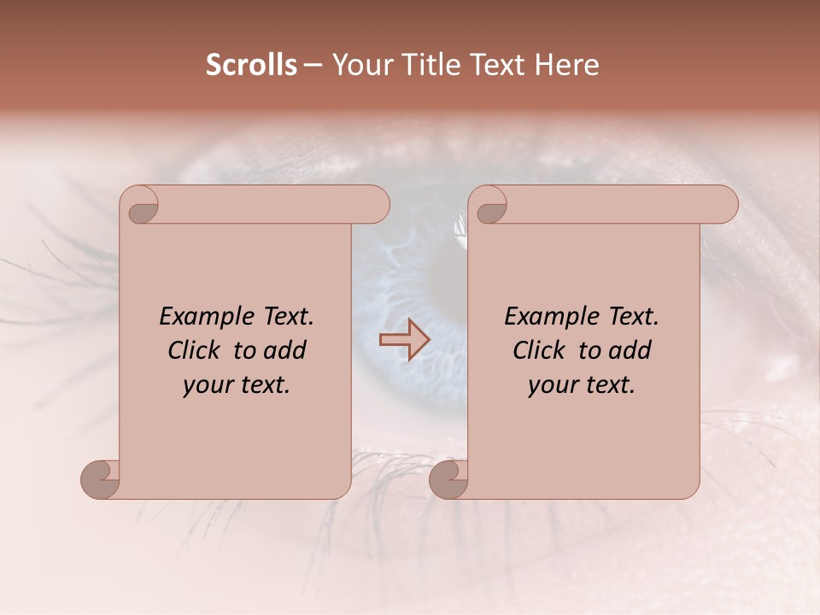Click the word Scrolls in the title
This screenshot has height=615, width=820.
coord(251,64)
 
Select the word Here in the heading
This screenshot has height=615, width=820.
coord(568,64)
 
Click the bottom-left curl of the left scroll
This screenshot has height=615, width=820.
coord(99,479)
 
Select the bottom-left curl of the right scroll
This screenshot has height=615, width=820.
coord(448,479)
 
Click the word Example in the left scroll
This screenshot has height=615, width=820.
coord(205,317)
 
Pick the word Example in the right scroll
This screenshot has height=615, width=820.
coord(550,317)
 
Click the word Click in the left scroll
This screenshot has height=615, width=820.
coord(193,350)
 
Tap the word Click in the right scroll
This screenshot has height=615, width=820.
coord(538,350)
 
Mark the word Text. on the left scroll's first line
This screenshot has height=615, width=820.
coord(287,317)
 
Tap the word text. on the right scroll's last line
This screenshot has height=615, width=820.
coord(609,385)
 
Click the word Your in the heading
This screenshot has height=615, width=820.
coord(360,64)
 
